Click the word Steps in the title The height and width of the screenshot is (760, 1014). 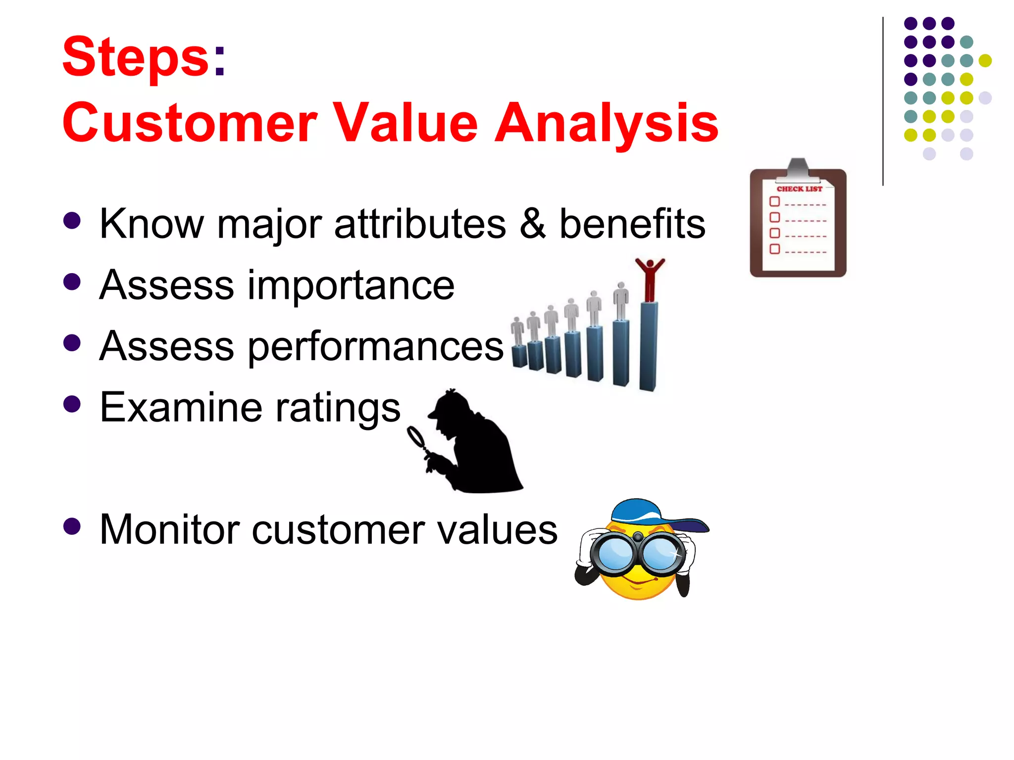(x=136, y=57)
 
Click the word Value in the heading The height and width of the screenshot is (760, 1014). (x=405, y=123)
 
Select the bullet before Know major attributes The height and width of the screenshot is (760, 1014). (x=72, y=221)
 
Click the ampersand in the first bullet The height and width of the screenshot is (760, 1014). (x=533, y=223)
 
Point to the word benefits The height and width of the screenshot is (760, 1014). (x=632, y=223)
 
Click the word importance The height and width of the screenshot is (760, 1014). (x=351, y=285)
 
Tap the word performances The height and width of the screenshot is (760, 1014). (x=375, y=346)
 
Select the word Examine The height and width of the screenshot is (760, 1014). (x=180, y=407)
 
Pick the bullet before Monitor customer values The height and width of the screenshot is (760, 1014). (x=72, y=526)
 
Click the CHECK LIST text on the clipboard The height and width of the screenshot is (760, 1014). (x=799, y=189)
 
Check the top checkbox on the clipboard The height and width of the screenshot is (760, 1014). (x=775, y=201)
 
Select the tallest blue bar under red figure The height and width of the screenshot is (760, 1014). (x=649, y=346)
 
